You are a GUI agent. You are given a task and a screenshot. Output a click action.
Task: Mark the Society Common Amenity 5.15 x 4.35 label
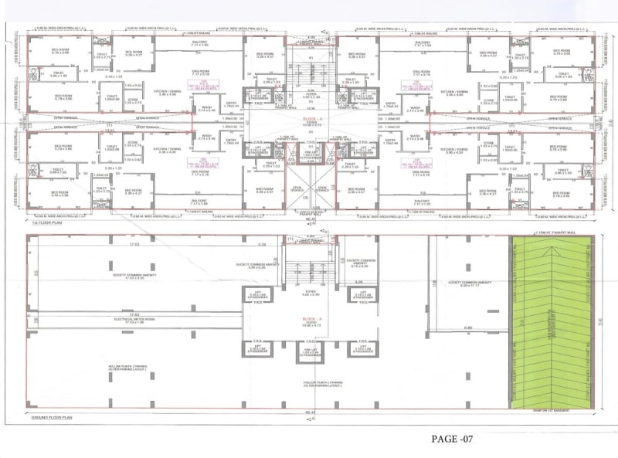point(361,263)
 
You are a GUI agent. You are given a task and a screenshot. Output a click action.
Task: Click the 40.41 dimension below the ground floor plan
point(309,413)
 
